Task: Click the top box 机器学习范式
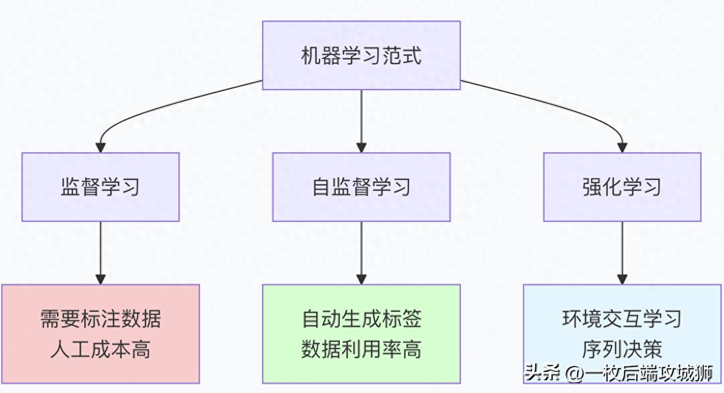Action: tap(361, 55)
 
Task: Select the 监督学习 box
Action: tap(100, 187)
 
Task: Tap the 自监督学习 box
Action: tap(361, 187)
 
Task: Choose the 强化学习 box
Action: tap(622, 187)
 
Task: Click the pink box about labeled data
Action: tap(100, 334)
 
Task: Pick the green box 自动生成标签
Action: tap(361, 334)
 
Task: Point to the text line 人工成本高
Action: tap(100, 350)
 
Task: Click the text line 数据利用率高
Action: tap(361, 350)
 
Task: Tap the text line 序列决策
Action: tap(622, 350)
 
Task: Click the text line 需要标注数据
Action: tap(100, 319)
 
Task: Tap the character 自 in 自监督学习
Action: tap(321, 187)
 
